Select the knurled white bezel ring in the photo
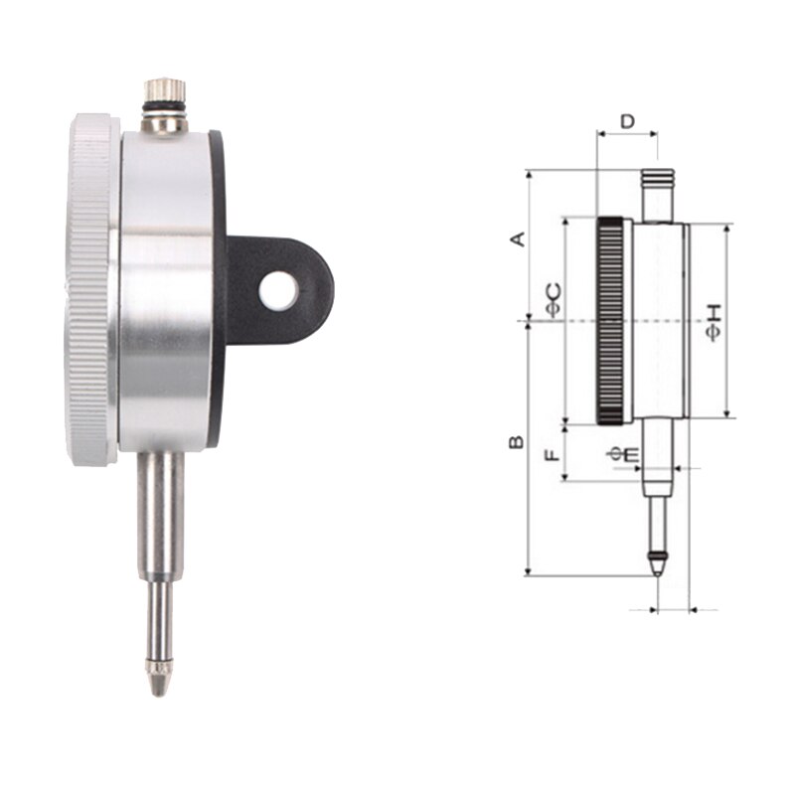(x=91, y=288)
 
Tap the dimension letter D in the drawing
(x=627, y=121)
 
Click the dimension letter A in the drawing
(x=516, y=238)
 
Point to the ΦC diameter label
(x=553, y=299)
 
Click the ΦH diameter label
(x=713, y=324)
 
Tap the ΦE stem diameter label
(x=625, y=454)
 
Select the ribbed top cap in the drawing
(x=656, y=179)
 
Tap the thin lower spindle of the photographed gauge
(x=158, y=616)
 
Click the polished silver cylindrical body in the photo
(x=167, y=288)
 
